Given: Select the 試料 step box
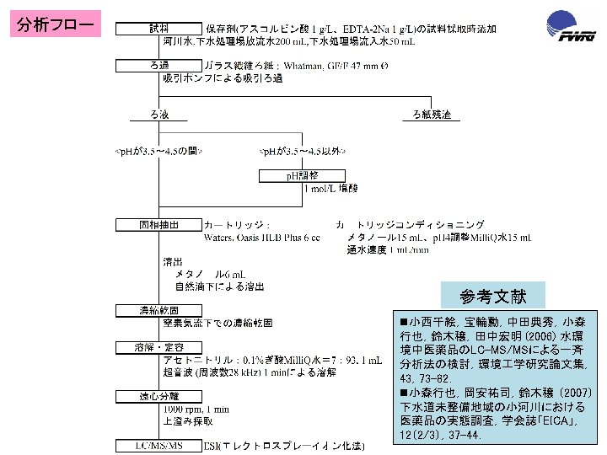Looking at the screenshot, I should pyautogui.click(x=158, y=29).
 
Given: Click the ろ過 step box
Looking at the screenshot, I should pyautogui.click(x=158, y=65).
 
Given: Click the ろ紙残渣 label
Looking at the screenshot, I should pyautogui.click(x=432, y=115).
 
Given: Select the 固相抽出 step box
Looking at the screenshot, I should pyautogui.click(x=158, y=225).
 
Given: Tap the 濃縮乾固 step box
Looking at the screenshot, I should pyautogui.click(x=158, y=311).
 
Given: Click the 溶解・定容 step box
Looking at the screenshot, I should pyautogui.click(x=158, y=347).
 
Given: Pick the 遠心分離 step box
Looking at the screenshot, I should pyautogui.click(x=158, y=395).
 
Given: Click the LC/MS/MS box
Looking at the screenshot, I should pyautogui.click(x=158, y=444).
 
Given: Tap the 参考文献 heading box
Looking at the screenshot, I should pyautogui.click(x=493, y=297).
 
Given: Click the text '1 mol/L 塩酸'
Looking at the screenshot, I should pyautogui.click(x=333, y=189).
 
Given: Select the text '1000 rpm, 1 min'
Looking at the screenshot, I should pyautogui.click(x=196, y=408).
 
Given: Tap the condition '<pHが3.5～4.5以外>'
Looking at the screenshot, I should pyautogui.click(x=302, y=151).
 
